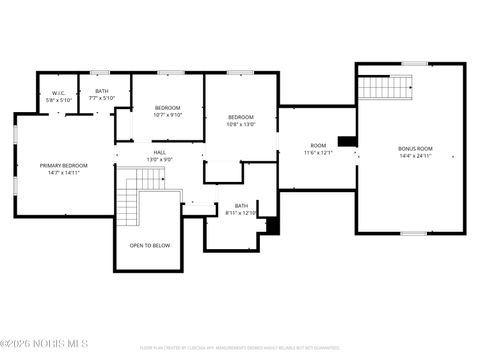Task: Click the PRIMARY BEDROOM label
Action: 63,165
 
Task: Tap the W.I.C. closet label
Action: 59,93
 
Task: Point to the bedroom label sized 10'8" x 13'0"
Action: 241,117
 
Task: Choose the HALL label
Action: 160,153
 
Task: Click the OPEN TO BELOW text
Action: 150,245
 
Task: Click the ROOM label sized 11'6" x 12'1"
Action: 318,146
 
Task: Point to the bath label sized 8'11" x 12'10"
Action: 241,206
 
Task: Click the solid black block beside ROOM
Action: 347,141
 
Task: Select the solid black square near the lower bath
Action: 272,225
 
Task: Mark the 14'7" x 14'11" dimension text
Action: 63,173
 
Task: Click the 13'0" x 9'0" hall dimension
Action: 160,160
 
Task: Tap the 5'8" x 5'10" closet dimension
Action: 59,100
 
